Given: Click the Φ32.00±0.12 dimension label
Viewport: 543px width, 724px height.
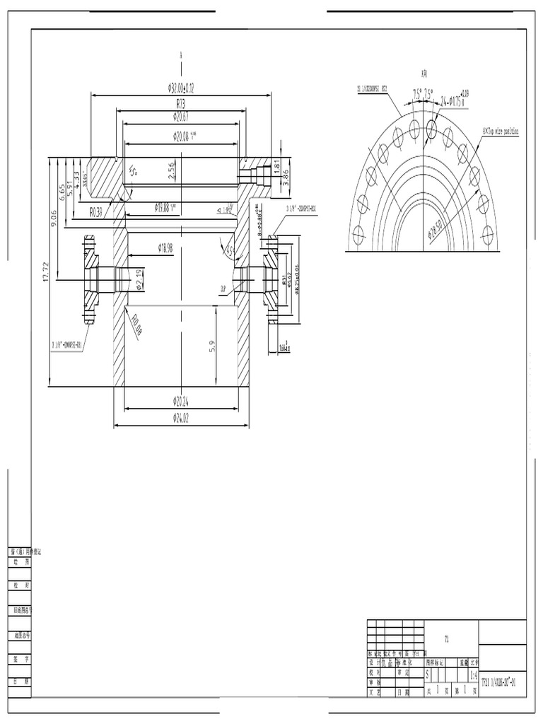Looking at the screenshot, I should tap(181, 88).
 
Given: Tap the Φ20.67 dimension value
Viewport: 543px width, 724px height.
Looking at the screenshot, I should tap(180, 116).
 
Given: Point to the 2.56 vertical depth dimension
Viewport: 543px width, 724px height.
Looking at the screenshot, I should tap(172, 170).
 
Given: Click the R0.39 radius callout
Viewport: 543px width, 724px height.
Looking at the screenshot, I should tap(97, 211).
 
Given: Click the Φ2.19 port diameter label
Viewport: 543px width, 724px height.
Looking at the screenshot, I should tap(139, 279).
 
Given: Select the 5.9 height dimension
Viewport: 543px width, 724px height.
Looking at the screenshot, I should tap(213, 347).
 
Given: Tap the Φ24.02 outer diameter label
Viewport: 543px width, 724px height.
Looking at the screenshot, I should tap(181, 417).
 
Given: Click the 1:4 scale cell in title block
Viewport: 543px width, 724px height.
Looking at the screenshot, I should tap(473, 675).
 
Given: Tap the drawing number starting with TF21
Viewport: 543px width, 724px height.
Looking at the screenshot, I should tap(502, 683).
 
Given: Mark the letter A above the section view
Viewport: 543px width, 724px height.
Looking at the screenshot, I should tap(181, 54).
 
